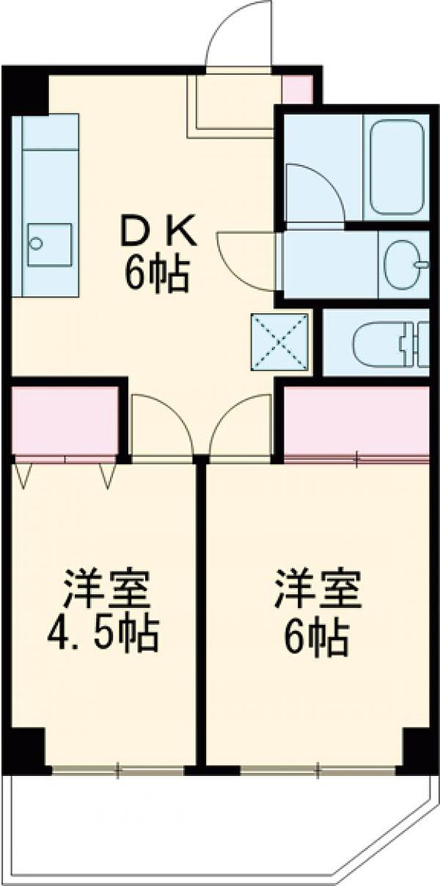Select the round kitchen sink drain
(36, 243)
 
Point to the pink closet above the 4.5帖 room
(65, 418)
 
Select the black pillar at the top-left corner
(25, 91)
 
